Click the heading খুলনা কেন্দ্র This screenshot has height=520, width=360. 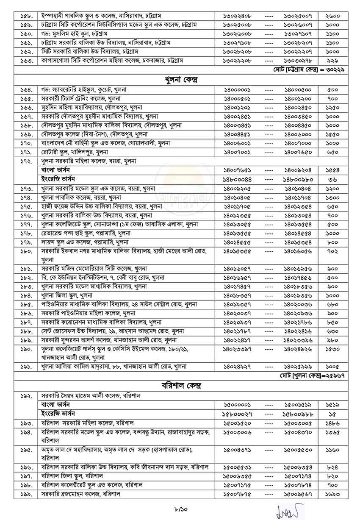[180, 80]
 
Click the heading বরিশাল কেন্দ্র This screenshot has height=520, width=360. [180, 386]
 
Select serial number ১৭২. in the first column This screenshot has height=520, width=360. [27, 161]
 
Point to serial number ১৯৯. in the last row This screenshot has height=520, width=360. [27, 494]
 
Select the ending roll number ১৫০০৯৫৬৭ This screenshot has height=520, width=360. [299, 494]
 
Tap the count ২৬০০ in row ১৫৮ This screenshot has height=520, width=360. [332, 16]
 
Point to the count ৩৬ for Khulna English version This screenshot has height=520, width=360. [332, 179]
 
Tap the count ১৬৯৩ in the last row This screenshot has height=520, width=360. [332, 494]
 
